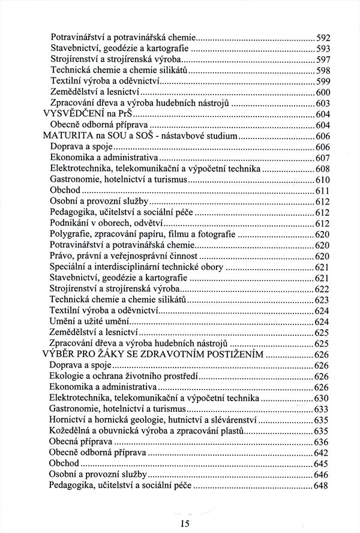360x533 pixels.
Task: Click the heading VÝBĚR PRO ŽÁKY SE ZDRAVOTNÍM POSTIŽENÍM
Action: coord(154,354)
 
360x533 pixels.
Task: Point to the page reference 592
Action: coord(323,37)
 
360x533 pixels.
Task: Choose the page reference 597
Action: coord(323,59)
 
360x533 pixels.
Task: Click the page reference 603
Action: coord(323,103)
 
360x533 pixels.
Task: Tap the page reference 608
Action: coord(323,168)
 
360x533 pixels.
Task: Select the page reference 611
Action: coord(323,191)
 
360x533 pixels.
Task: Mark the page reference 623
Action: coord(323,300)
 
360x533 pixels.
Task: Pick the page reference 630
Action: coord(323,398)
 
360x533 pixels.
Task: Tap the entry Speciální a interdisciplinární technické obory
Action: coord(137,267)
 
